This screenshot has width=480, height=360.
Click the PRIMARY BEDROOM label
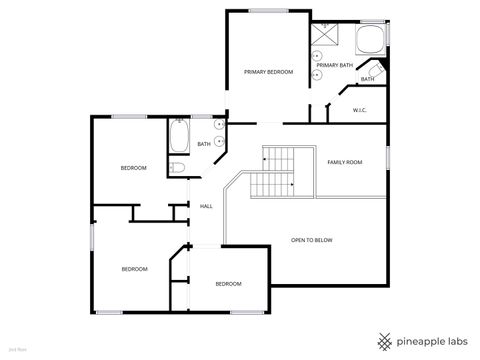click(x=268, y=72)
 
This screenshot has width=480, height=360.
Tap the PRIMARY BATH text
click(x=335, y=65)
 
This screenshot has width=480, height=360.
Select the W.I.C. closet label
click(x=359, y=109)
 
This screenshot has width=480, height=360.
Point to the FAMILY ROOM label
click(x=344, y=162)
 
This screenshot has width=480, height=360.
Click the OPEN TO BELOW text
click(x=311, y=240)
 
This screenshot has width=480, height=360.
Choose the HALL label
click(x=206, y=206)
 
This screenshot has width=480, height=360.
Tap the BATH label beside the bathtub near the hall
click(x=203, y=144)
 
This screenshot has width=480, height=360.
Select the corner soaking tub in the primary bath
click(x=369, y=41)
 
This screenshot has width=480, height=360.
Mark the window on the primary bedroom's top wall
click(x=264, y=11)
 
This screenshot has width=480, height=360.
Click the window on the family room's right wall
click(x=387, y=158)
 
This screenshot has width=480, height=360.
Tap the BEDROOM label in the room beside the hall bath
click(x=133, y=168)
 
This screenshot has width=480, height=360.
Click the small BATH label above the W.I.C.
click(x=367, y=79)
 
